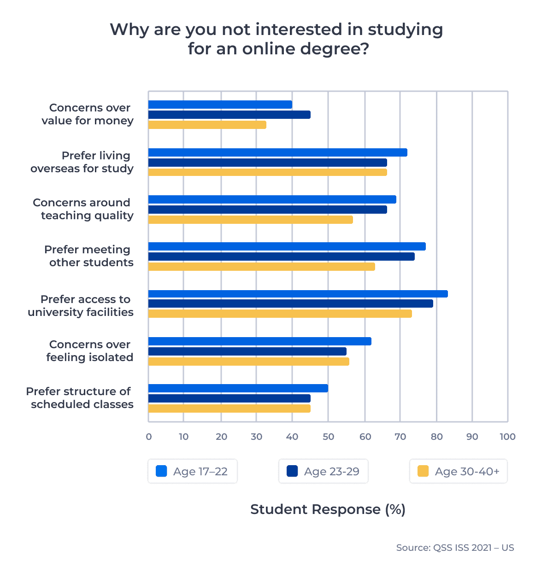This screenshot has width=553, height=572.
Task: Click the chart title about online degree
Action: click(x=276, y=39)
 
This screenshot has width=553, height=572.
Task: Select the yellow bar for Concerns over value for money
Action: click(x=207, y=125)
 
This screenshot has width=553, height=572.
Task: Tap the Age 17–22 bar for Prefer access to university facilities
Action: click(x=298, y=294)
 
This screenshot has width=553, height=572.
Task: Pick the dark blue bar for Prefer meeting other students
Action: click(x=281, y=257)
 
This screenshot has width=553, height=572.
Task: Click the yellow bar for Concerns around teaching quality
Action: click(x=250, y=220)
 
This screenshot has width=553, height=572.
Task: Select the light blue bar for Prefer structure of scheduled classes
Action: click(x=238, y=388)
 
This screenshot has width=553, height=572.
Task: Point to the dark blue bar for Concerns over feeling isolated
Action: click(x=247, y=351)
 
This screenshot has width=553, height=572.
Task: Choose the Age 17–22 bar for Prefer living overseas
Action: click(x=277, y=152)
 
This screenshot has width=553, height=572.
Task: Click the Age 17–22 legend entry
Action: click(x=193, y=471)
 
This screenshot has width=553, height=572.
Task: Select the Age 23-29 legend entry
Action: click(x=324, y=471)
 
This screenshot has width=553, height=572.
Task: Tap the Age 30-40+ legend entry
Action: click(x=459, y=471)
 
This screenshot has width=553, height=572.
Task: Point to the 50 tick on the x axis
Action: click(x=328, y=437)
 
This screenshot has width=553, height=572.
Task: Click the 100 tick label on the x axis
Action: click(x=507, y=437)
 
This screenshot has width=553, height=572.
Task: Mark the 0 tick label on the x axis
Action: click(x=148, y=437)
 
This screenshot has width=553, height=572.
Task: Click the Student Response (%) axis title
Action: click(x=328, y=509)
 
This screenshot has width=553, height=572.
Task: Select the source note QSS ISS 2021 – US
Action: click(x=455, y=548)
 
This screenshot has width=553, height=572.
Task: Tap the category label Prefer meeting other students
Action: click(x=89, y=256)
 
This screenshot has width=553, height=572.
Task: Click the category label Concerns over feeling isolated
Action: click(x=90, y=351)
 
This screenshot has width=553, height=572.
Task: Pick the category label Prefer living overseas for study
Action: click(x=82, y=162)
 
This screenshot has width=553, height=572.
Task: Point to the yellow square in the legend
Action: click(x=423, y=471)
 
